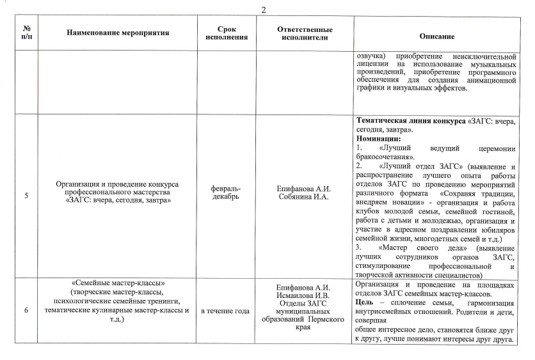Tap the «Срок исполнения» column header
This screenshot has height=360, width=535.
[227, 33]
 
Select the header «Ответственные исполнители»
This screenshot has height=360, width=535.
[305, 33]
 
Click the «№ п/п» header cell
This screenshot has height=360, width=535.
[27, 33]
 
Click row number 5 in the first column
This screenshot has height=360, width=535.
[26, 196]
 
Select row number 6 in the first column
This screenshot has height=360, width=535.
[26, 310]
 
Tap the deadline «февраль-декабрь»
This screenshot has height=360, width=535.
[227, 192]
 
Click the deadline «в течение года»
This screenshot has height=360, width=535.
[225, 311]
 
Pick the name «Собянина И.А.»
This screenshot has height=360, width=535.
[303, 196]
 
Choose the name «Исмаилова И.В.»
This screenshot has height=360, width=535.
[303, 295]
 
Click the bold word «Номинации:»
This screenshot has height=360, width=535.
[378, 139]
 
